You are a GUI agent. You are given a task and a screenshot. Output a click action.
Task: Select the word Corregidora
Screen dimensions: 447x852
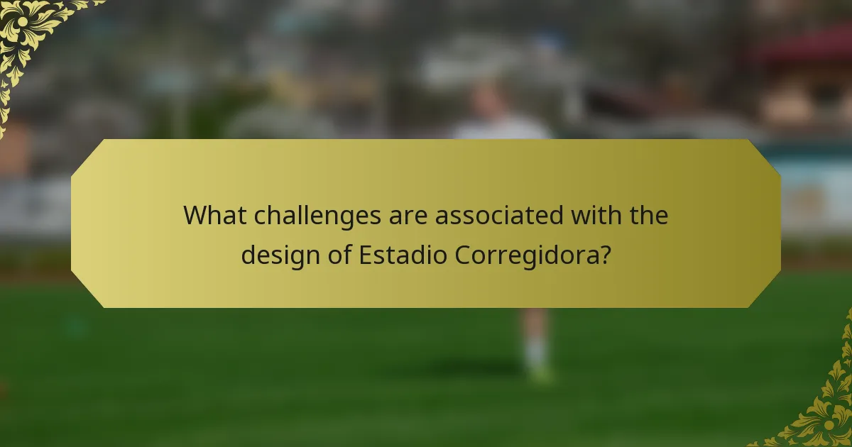(525, 255)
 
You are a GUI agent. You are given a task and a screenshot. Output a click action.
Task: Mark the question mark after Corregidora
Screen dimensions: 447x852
(604, 255)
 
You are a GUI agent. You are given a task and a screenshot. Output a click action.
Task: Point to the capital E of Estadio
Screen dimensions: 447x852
(365, 255)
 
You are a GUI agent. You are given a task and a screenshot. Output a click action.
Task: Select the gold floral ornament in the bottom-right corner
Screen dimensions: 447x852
(824, 412)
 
